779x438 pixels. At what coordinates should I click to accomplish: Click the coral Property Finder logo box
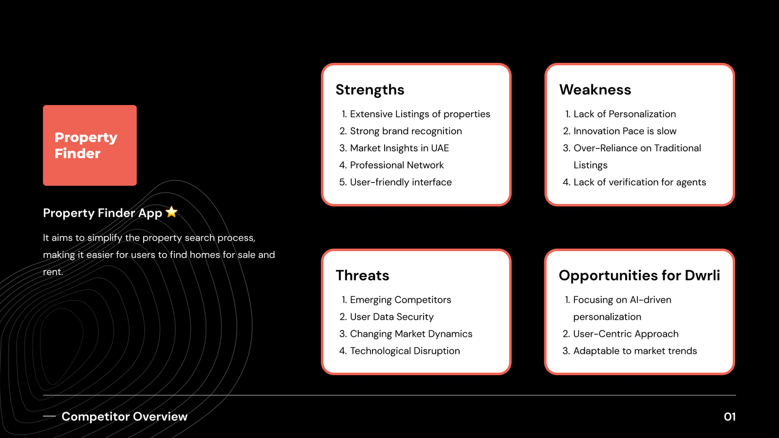(x=90, y=146)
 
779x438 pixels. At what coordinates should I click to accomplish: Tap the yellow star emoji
(x=171, y=212)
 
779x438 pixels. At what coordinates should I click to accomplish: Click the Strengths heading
(x=370, y=90)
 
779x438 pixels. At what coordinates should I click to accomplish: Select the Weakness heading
(x=595, y=90)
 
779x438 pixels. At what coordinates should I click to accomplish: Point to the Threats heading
(x=362, y=275)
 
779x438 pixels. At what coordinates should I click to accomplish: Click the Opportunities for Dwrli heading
(x=639, y=275)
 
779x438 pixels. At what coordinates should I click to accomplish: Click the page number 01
(x=730, y=417)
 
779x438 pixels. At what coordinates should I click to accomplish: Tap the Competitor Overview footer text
(x=125, y=417)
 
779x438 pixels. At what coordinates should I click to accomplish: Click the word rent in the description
(x=52, y=272)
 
